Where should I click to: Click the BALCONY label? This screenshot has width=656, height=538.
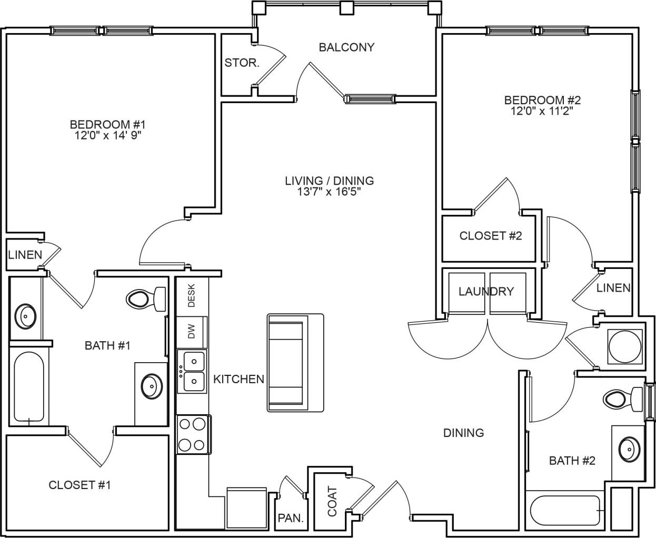click(346, 47)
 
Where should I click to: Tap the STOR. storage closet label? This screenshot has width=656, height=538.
click(242, 63)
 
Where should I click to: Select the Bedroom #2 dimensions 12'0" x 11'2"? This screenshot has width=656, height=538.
click(542, 111)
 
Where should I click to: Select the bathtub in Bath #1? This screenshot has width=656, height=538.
click(29, 387)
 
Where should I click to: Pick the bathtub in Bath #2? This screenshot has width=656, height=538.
click(566, 510)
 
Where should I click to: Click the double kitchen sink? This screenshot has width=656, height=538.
click(193, 371)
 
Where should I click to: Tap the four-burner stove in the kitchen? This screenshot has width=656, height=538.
click(192, 435)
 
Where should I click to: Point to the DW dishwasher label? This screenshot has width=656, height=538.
click(192, 332)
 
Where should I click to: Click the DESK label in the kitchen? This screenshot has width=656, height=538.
click(192, 295)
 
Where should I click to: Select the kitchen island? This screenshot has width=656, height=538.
click(295, 363)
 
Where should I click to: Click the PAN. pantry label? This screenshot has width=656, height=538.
click(291, 518)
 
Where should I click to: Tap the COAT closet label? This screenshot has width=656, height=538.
click(332, 501)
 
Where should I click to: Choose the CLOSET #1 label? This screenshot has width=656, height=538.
click(79, 485)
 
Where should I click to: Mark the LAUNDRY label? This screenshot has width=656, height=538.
click(485, 291)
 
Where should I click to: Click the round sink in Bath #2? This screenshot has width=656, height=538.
click(627, 449)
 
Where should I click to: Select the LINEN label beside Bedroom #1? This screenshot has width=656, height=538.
click(25, 255)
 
